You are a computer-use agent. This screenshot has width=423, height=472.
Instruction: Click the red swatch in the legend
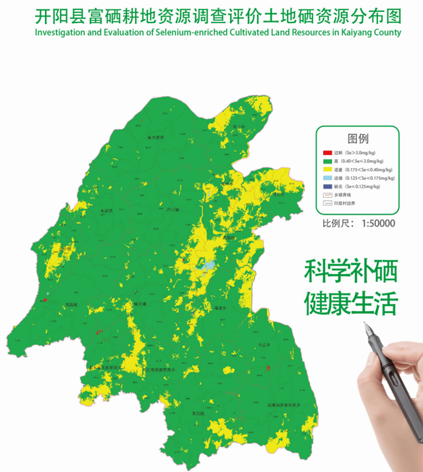[327, 153]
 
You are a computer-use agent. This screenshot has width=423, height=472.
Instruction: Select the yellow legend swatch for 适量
[327, 170]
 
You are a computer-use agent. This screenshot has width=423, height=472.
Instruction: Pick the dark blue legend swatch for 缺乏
[327, 187]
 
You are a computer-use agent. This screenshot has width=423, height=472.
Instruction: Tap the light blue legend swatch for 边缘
[327, 178]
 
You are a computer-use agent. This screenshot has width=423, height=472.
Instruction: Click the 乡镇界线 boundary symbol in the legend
[327, 195]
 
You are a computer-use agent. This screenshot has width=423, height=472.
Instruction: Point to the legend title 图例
[358, 140]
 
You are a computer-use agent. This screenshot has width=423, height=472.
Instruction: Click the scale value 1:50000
[378, 224]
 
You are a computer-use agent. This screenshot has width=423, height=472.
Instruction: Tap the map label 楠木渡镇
[155, 137]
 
